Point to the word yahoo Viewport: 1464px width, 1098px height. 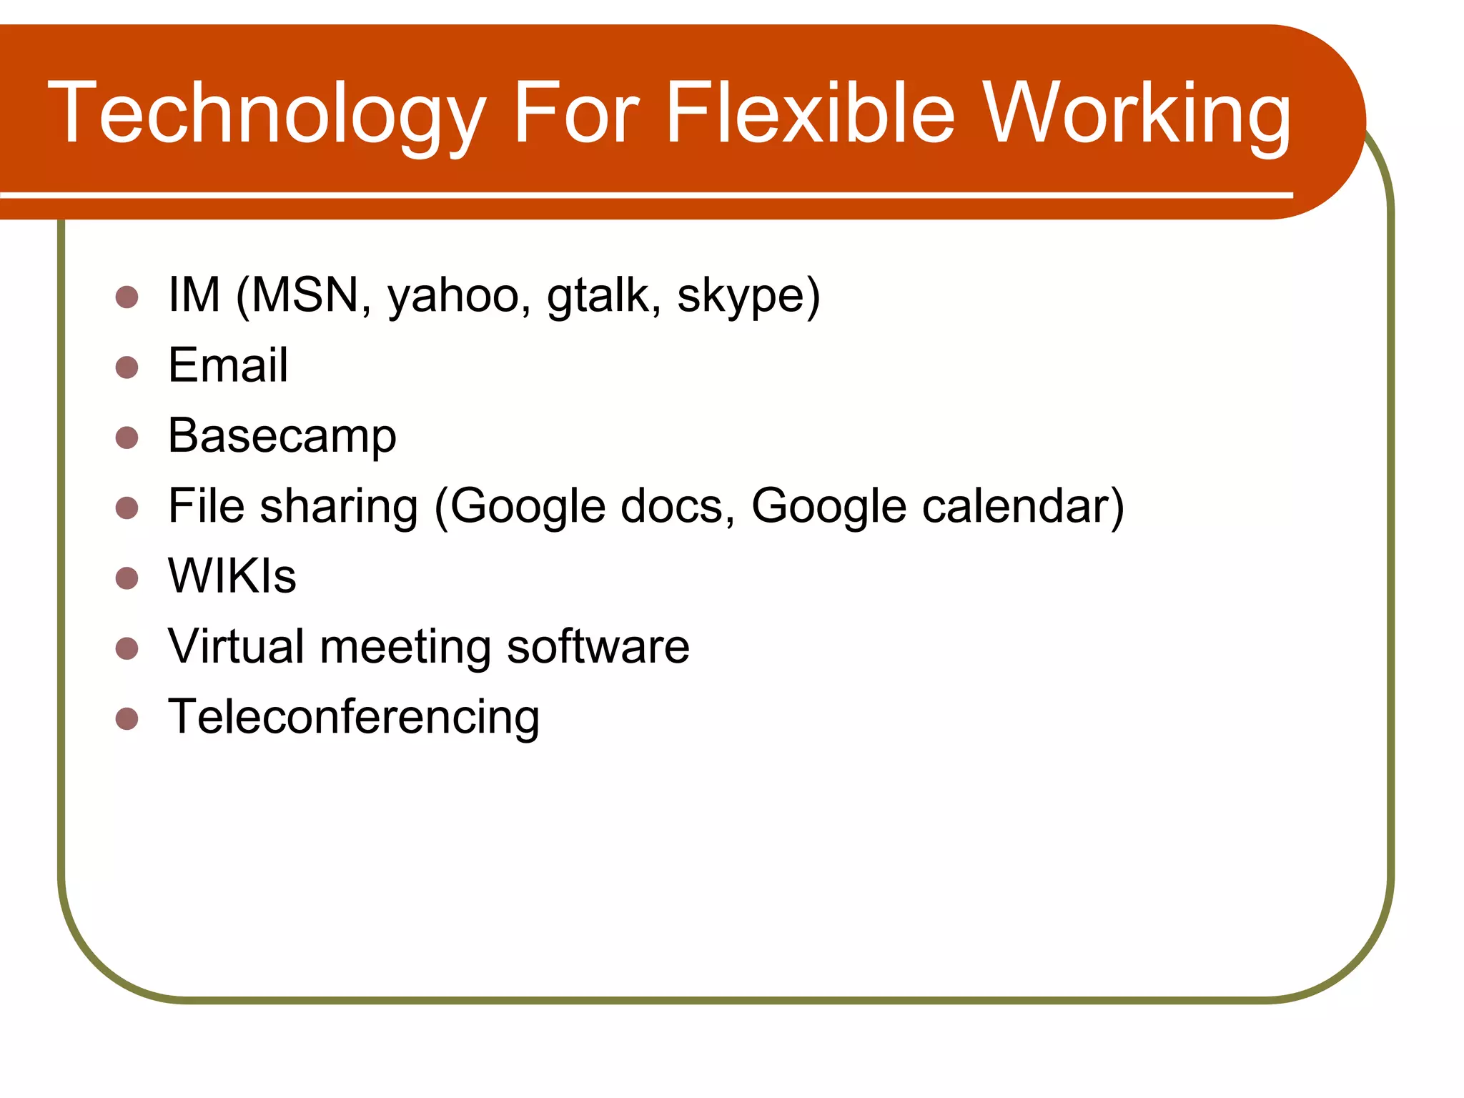(x=454, y=297)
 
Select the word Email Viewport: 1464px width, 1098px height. (x=228, y=365)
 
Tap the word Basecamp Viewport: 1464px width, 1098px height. (x=282, y=436)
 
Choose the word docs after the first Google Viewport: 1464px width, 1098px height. (x=671, y=506)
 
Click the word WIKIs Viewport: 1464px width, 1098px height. (x=232, y=576)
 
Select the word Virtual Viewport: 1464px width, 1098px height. (x=236, y=646)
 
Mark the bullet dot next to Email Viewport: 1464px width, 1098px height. (x=127, y=367)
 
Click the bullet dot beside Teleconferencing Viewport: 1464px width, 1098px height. (x=127, y=718)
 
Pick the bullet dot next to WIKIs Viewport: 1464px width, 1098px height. (x=127, y=578)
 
